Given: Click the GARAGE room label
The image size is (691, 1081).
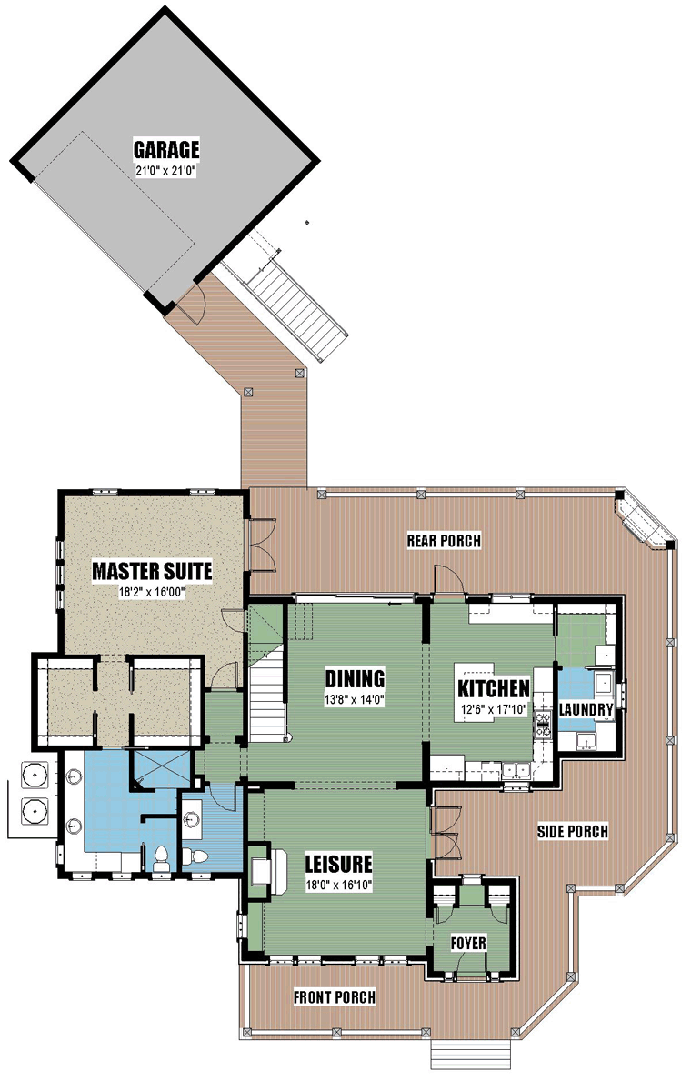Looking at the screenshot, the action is point(166,150).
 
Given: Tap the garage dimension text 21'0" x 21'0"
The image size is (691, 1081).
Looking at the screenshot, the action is point(166,171).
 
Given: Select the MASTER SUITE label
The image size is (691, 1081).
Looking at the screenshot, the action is point(152,571).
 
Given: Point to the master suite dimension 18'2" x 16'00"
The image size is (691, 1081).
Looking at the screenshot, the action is point(152,592).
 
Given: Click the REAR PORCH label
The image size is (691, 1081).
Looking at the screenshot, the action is point(444,540).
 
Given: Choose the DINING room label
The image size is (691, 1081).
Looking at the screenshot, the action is point(355,678).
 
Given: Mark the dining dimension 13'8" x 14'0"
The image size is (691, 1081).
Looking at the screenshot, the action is point(355,699).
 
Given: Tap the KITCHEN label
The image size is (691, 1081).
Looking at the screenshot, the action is point(494,688).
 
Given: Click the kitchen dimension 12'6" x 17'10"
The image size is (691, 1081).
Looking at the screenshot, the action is point(494,708).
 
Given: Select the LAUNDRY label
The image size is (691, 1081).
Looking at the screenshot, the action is point(586,709).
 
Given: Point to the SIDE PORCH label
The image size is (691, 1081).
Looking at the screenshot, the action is point(573,831).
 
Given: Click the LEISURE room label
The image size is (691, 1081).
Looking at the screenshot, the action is point(338,863).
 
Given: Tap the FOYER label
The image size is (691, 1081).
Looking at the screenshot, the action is point(468,943).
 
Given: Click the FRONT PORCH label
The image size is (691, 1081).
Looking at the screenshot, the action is point(335,996).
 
